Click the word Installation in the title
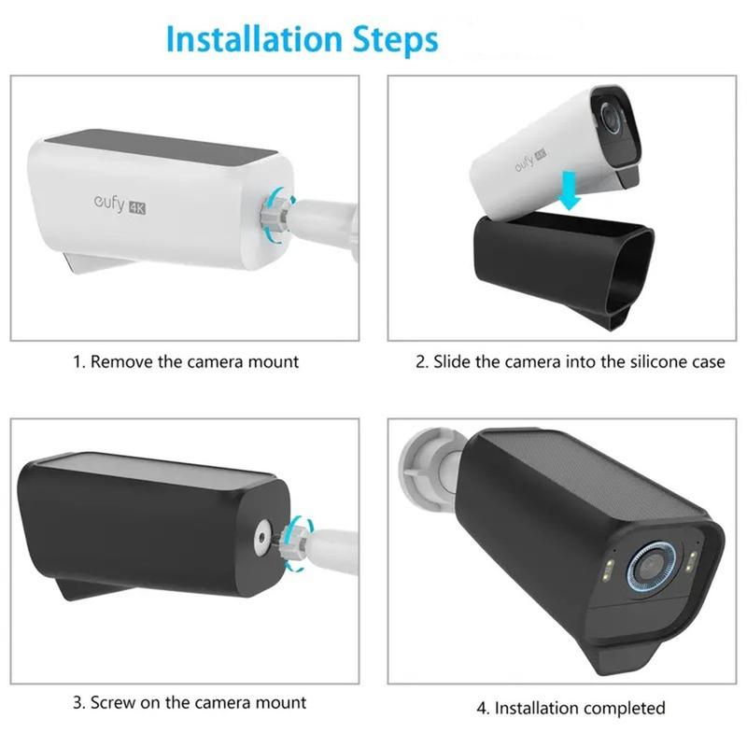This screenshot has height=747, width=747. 254,38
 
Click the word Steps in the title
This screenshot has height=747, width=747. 395,40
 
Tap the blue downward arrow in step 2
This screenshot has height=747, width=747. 569,190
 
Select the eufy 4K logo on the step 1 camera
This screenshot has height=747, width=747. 120,205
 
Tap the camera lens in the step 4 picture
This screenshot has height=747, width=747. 648,568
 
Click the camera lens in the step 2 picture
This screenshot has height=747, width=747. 611,115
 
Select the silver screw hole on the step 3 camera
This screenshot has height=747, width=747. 261,538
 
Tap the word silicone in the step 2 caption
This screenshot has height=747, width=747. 659,361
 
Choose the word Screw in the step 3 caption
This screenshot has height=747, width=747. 113,702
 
